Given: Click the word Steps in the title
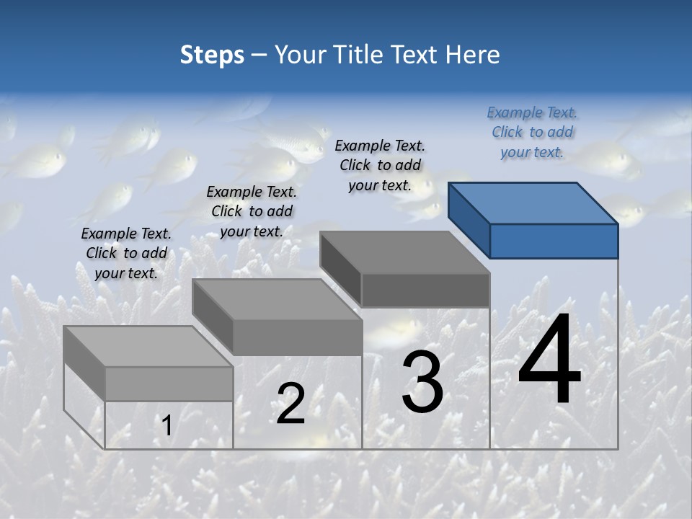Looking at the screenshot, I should pyautogui.click(x=212, y=55).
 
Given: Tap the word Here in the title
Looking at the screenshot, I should pyautogui.click(x=473, y=55).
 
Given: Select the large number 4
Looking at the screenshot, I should pyautogui.click(x=549, y=360).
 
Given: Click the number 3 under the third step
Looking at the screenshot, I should pyautogui.click(x=422, y=382).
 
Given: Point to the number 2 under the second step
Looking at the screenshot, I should pyautogui.click(x=290, y=404).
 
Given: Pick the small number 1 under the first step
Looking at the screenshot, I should pyautogui.click(x=167, y=425).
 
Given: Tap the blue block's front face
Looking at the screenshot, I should pyautogui.click(x=554, y=241).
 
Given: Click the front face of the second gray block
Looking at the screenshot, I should pyautogui.click(x=297, y=337).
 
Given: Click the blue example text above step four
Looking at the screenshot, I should pyautogui.click(x=532, y=133).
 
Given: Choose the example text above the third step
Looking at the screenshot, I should pyautogui.click(x=380, y=165).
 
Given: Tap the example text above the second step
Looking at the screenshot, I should pyautogui.click(x=252, y=211).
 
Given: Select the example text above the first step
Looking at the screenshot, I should pyautogui.click(x=126, y=253).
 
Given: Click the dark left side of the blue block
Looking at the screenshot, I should pyautogui.click(x=469, y=220).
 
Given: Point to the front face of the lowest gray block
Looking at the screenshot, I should pyautogui.click(x=169, y=383).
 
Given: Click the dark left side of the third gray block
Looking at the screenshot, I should pyautogui.click(x=340, y=269).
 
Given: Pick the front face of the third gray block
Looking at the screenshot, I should pyautogui.click(x=425, y=290).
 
